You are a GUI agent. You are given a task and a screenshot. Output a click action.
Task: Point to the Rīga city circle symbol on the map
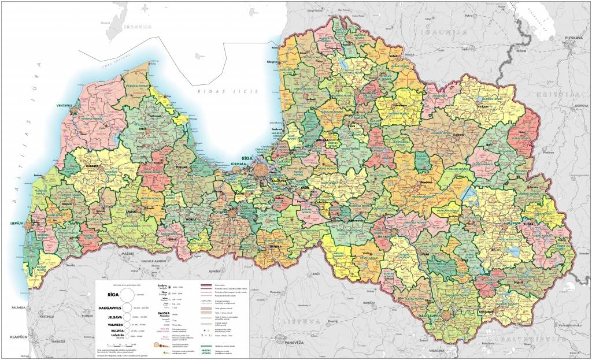coord(262,170)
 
